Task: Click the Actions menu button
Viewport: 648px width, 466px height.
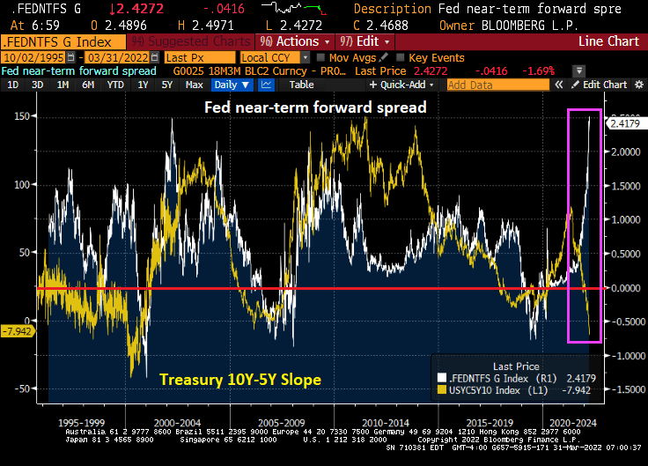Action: [296, 41]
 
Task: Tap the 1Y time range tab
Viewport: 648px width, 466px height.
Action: [143, 85]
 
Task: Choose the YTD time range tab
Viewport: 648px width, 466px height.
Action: [115, 85]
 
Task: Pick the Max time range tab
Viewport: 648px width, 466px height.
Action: [195, 85]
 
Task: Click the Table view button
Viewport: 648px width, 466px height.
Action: [301, 85]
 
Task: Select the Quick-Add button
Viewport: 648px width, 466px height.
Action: [406, 85]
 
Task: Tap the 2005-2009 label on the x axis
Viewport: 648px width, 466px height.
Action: [281, 422]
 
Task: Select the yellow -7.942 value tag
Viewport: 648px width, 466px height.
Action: [18, 331]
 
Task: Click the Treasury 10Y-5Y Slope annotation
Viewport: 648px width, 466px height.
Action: [239, 380]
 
